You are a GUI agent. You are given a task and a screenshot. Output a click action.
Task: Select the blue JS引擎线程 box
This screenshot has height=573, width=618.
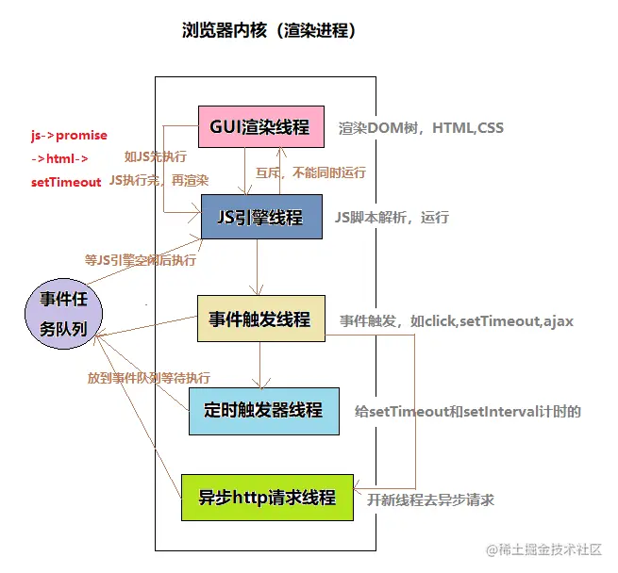point(260,218)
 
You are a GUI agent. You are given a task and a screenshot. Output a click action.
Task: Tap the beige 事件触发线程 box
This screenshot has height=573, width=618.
point(260,319)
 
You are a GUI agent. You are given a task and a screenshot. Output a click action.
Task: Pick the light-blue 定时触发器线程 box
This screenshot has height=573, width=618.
point(263,410)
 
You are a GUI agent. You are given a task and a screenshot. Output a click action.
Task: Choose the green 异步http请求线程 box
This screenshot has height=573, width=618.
point(267,497)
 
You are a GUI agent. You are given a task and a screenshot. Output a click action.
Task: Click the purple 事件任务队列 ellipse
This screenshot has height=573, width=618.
point(63,315)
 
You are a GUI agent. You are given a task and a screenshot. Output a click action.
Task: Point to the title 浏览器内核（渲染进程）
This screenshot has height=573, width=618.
point(268,31)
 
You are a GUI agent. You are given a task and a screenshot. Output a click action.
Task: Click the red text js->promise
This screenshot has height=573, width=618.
point(69,135)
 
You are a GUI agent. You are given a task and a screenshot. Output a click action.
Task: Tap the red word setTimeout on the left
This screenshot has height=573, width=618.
point(65,182)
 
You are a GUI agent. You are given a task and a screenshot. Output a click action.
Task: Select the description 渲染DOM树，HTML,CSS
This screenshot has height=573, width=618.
point(422,128)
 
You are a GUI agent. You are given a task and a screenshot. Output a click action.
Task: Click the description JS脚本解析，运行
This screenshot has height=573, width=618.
point(392,218)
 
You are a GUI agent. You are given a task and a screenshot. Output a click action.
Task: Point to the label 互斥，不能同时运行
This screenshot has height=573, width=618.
point(310,173)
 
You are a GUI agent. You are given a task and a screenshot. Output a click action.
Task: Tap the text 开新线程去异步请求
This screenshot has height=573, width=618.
point(431,499)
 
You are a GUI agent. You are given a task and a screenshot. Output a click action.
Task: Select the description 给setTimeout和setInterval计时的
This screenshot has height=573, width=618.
point(467,412)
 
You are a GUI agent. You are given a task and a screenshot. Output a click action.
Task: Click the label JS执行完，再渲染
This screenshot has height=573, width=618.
point(159,179)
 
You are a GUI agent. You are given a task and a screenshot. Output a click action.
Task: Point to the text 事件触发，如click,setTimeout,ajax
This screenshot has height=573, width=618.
point(457,321)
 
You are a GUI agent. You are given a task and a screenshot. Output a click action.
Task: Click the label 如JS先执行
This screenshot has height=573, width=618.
point(155,156)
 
